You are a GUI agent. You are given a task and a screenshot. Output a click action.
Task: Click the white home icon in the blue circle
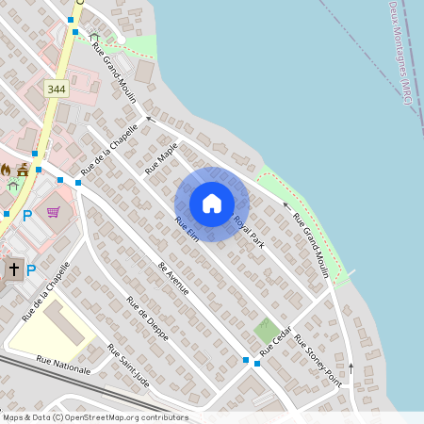pyautogui.click(x=212, y=204)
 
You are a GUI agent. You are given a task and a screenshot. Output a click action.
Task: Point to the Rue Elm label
pyautogui.click(x=185, y=228)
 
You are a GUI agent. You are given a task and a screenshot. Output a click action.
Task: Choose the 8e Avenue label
pyautogui.click(x=174, y=277)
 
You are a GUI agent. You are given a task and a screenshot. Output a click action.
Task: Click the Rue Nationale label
pyautogui.click(x=63, y=364)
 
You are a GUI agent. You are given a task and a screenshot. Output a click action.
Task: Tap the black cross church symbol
pyautogui.click(x=13, y=269)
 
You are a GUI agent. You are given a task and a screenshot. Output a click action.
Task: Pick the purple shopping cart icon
pyautogui.click(x=53, y=211)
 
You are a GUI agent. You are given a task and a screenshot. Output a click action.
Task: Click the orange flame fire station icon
pyautogui.click(x=7, y=170)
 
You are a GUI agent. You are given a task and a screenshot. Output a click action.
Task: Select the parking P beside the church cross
pyautogui.click(x=31, y=269)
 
